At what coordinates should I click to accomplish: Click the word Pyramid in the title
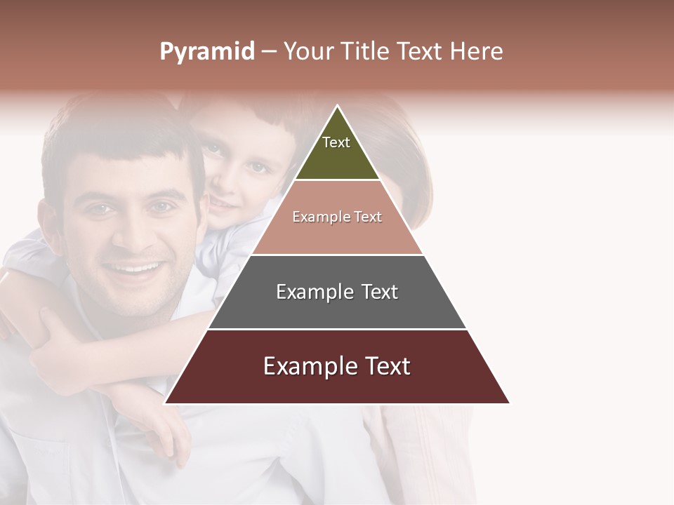click(x=207, y=52)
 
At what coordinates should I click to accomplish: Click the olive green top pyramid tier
click(x=337, y=158)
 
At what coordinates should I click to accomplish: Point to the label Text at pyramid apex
click(x=336, y=142)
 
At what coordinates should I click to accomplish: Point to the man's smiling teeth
click(x=133, y=269)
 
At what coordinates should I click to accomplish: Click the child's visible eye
click(x=258, y=168)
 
